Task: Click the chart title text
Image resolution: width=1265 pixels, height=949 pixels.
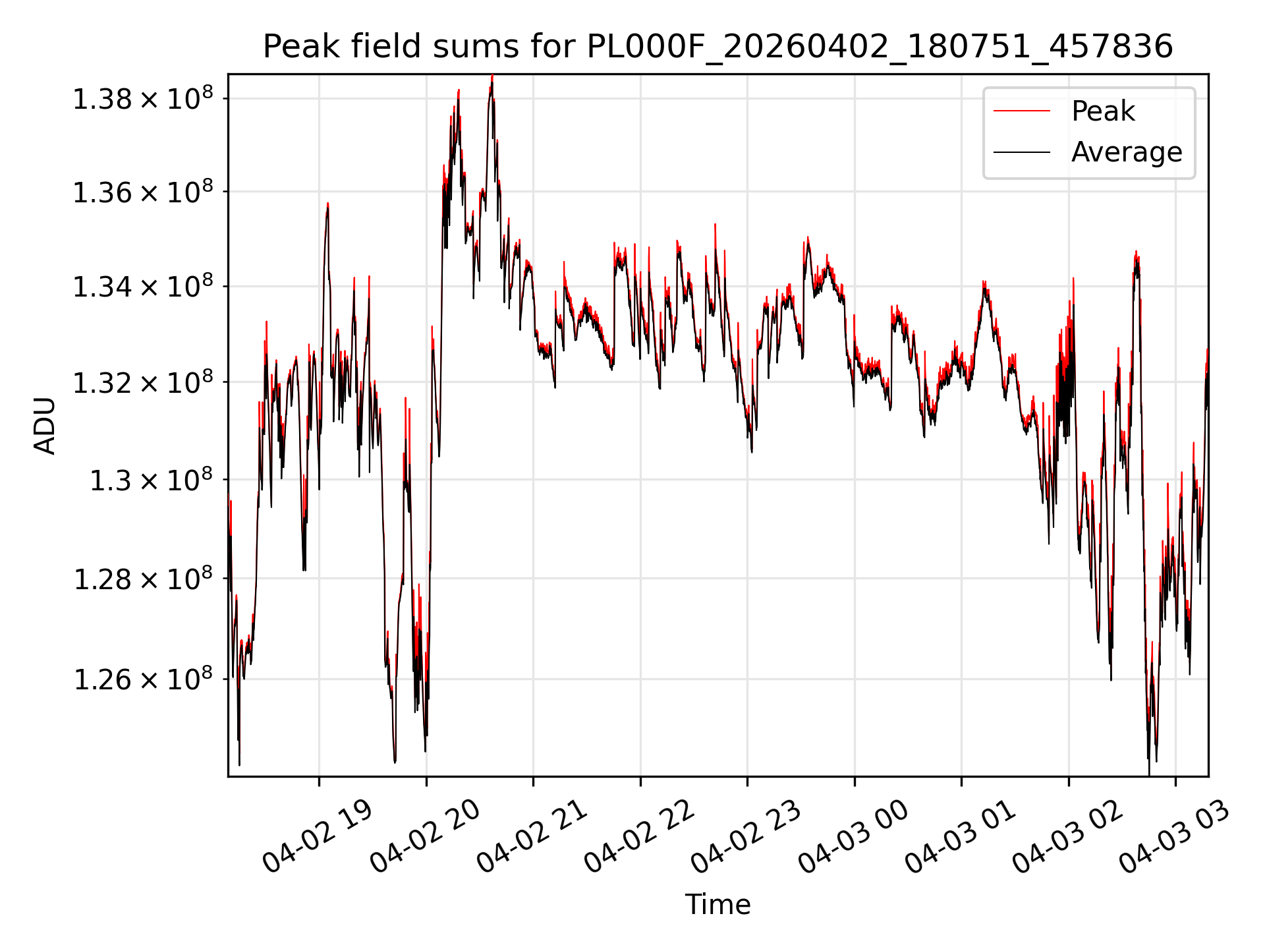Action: click(718, 47)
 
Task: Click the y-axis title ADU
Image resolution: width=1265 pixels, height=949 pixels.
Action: click(45, 425)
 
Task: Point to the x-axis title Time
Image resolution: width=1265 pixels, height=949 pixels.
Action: click(717, 904)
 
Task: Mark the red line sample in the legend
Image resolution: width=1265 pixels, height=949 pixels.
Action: click(1022, 111)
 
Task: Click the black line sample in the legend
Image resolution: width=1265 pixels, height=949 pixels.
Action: click(1022, 153)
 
